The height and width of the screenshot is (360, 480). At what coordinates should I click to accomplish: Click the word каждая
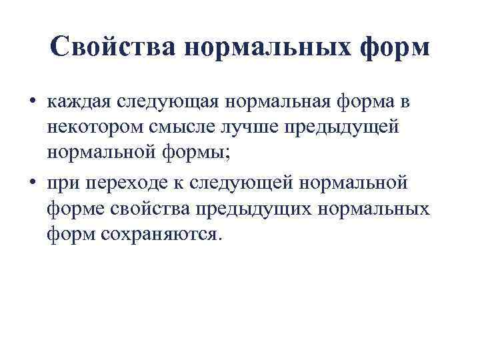coord(78,103)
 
